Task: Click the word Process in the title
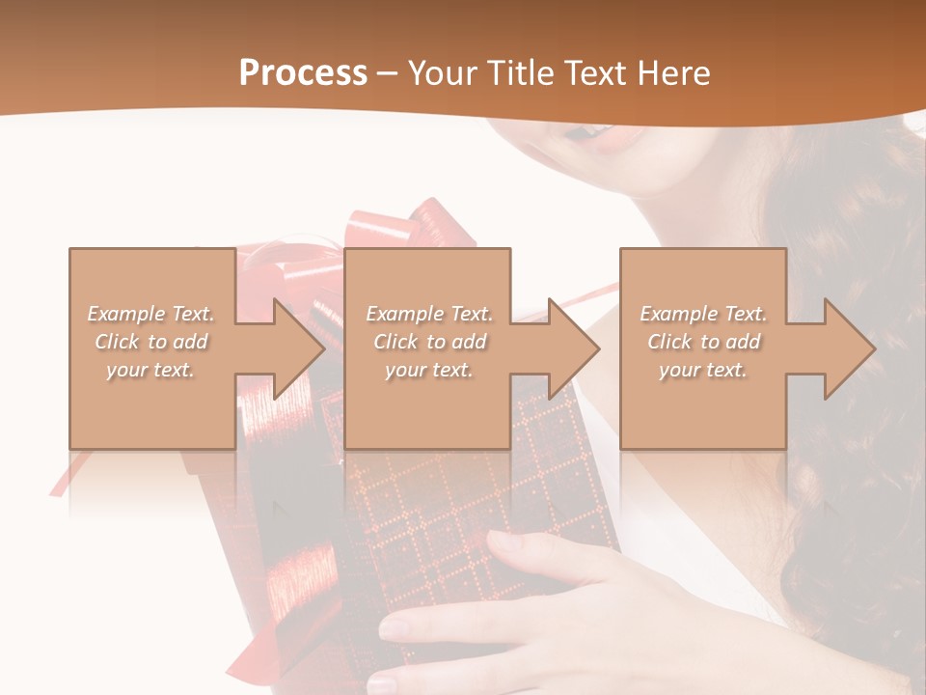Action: [303, 73]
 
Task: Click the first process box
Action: [151, 405]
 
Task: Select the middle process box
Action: [427, 405]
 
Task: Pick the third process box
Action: [702, 405]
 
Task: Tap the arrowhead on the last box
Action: [848, 348]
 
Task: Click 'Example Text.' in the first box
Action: [151, 314]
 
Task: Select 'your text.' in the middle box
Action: [427, 370]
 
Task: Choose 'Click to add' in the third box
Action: [703, 342]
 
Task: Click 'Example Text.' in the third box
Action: [703, 314]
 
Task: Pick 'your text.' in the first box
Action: [151, 370]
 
